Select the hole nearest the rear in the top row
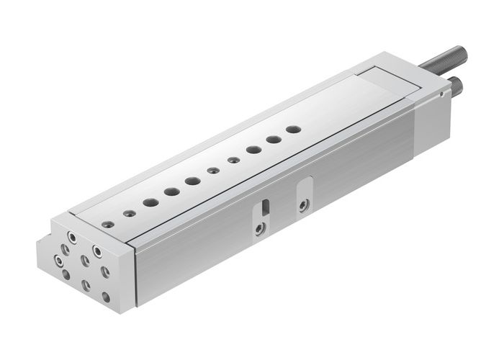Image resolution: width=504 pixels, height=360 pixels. [x=292, y=130]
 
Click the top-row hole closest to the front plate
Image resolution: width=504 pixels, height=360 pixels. [x=107, y=223]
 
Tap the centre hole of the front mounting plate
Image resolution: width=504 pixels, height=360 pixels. [x=85, y=259]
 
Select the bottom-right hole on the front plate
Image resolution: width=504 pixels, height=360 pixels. [x=107, y=296]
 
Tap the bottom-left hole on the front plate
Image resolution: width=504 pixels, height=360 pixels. [x=68, y=274]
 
